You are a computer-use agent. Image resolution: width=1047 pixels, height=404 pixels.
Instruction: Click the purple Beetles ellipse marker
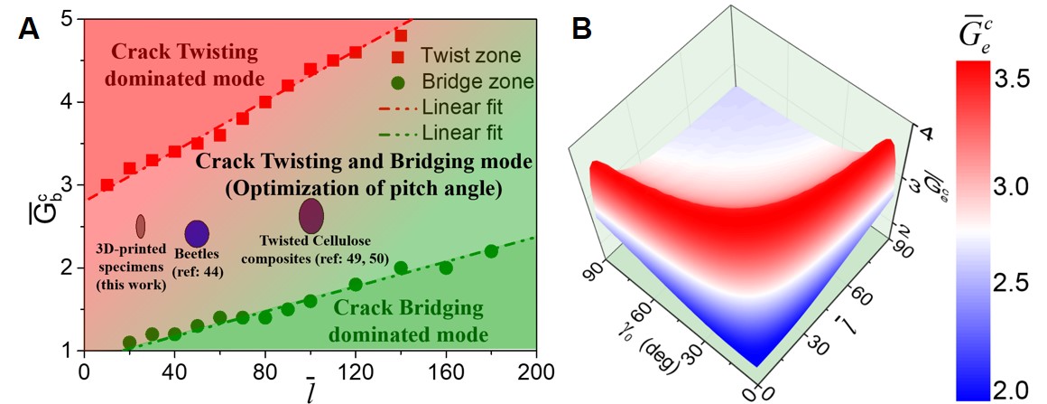[197, 233]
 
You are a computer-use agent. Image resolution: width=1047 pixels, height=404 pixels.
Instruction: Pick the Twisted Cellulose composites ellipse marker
[310, 216]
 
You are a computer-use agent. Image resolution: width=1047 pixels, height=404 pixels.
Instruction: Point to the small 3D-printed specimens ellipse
[141, 225]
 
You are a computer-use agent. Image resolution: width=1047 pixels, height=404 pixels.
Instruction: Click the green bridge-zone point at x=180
[491, 251]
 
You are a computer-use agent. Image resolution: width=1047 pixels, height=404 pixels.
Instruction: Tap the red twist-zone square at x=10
[107, 184]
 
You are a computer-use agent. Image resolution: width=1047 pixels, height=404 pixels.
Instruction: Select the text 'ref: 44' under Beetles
[199, 271]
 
